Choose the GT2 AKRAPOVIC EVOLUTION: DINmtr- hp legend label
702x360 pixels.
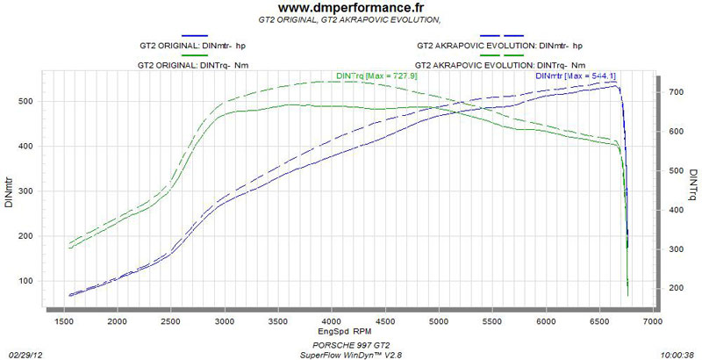tap(500, 45)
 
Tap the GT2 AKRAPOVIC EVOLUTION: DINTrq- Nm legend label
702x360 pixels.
tap(500, 65)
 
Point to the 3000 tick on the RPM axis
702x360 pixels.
tap(226, 324)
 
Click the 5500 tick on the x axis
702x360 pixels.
tap(491, 324)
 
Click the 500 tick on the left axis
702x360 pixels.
tap(25, 102)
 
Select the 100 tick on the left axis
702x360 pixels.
tap(25, 281)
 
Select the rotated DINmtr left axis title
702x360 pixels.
tap(8, 191)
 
